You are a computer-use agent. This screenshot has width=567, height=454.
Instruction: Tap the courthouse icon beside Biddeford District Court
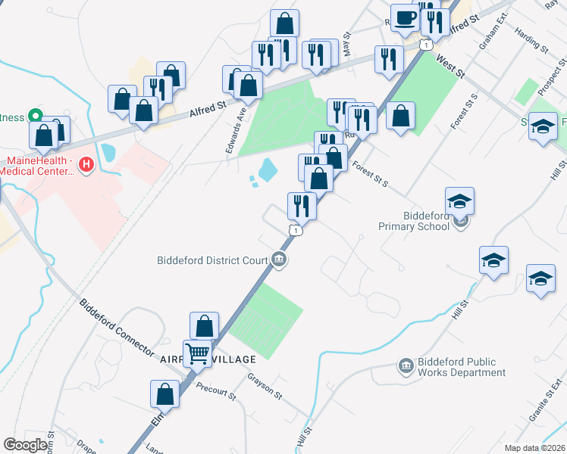click(x=279, y=261)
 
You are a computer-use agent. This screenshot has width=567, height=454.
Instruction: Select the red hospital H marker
click(x=86, y=163)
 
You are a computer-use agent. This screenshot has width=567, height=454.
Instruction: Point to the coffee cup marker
click(x=404, y=17)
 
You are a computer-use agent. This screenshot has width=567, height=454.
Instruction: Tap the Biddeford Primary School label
click(x=418, y=220)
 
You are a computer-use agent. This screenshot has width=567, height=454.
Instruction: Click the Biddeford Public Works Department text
click(x=461, y=367)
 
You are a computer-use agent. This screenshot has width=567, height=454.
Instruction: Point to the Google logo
click(x=26, y=444)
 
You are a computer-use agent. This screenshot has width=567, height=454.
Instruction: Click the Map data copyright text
click(x=534, y=448)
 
